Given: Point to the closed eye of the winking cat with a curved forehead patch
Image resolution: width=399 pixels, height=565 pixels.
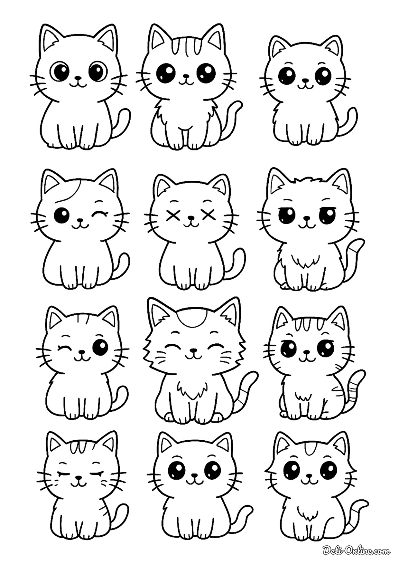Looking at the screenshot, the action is click(99, 214).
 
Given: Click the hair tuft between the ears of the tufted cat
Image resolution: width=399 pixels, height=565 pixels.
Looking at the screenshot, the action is click(306, 182).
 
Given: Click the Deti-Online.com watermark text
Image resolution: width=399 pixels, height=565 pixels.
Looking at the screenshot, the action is click(356, 552).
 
